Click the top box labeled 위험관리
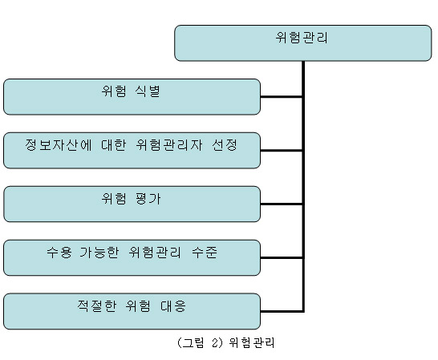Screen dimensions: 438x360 [x=303, y=43]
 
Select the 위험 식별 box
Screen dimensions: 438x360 [x=132, y=97]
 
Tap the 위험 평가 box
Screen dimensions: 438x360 [x=132, y=204]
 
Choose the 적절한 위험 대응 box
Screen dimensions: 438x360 [x=132, y=311]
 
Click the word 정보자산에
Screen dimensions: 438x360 [x=59, y=145]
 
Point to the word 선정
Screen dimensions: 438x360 [x=225, y=145]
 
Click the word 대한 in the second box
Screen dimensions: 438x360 [x=114, y=145]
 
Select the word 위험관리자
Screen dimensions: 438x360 [x=169, y=145]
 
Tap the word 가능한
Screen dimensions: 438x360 [x=99, y=253]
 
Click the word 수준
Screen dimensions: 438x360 [x=205, y=253]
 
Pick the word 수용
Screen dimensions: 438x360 [x=59, y=253]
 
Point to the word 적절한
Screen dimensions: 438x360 [x=96, y=305]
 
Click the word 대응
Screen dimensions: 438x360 [x=173, y=305]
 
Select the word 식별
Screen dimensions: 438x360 [x=148, y=91]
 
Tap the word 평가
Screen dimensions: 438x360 [x=148, y=199]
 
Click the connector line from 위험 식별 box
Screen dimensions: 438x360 [x=282, y=97]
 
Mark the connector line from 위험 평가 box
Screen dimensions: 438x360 [x=282, y=204]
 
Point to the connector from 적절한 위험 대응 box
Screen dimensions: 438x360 [x=282, y=311]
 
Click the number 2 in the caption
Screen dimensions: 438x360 [x=215, y=342]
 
